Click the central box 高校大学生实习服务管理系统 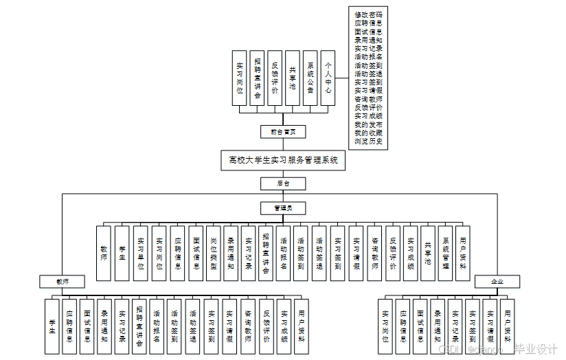click(x=283, y=160)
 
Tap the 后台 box click(x=283, y=183)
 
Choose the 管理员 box click(x=283, y=207)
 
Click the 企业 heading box click(x=497, y=282)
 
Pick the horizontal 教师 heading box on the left click(x=62, y=282)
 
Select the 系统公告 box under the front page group click(x=310, y=78)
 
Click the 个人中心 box click(x=328, y=78)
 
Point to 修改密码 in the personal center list click(x=369, y=14)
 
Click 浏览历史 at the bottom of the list click(x=369, y=142)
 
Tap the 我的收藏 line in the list click(x=369, y=133)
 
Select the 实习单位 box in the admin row click(x=140, y=253)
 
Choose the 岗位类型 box click(x=213, y=253)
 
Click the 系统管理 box click(x=445, y=253)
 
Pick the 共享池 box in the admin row click(x=427, y=253)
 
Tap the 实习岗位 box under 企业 click(x=385, y=326)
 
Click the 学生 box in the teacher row click(x=52, y=326)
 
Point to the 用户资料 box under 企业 click(x=507, y=326)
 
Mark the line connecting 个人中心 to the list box click(x=342, y=78)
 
